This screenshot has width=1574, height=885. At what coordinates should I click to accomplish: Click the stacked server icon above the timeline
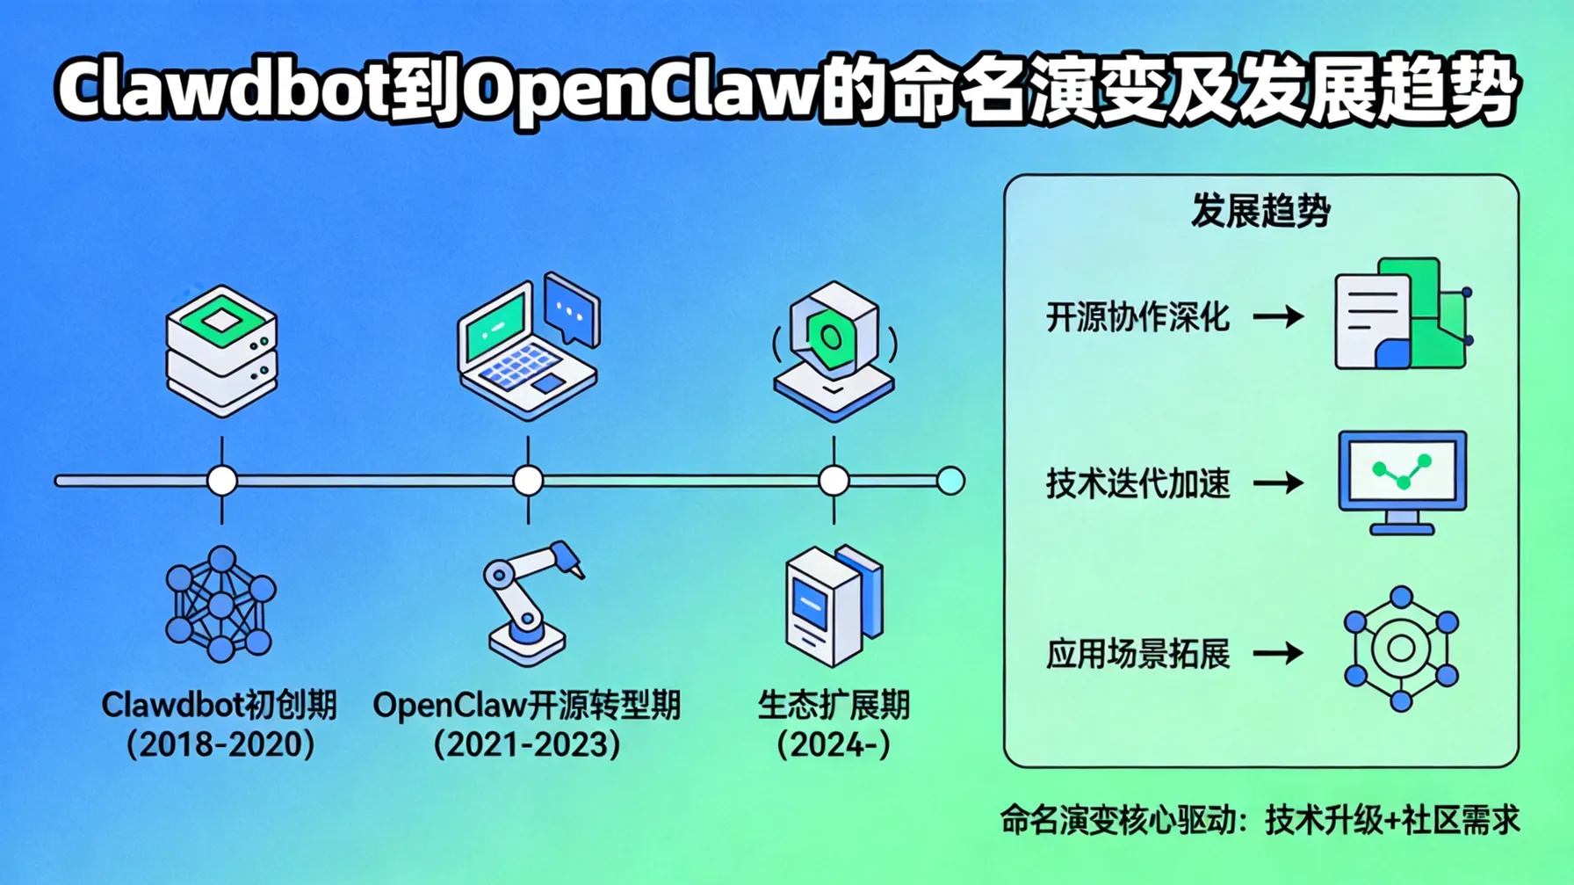point(221,351)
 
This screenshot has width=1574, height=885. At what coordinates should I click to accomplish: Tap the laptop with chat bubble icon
point(529,346)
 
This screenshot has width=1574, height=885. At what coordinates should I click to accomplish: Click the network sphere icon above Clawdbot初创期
point(220,604)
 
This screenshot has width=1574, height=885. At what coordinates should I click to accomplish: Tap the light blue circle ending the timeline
point(950,481)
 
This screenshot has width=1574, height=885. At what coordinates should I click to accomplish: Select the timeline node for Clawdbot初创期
point(221,481)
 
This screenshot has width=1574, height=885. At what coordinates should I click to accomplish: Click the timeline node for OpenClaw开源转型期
point(528,481)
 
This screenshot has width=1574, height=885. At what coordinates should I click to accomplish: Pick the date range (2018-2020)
point(220,745)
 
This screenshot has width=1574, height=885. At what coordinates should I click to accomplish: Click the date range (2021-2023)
point(527,745)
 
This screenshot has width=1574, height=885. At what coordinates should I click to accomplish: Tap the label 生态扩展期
point(834,705)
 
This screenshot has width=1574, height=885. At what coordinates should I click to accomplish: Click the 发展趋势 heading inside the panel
point(1260,212)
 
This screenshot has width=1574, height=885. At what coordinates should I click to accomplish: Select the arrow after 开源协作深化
point(1278,316)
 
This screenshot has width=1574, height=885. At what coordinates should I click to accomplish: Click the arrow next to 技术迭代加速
point(1278,482)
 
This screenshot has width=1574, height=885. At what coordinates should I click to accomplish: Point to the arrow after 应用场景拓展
point(1278,653)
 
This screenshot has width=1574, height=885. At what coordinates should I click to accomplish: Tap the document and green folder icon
point(1402,315)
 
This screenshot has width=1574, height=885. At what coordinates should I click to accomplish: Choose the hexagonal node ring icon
point(1401,649)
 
